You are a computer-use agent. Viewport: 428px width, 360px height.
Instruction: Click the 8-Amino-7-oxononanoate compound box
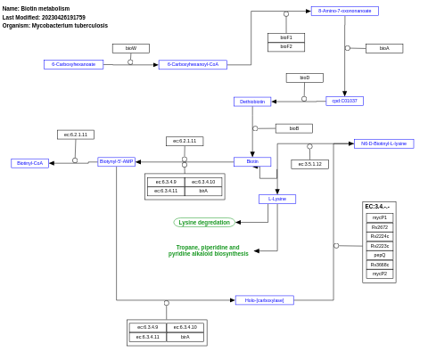[x=344, y=12]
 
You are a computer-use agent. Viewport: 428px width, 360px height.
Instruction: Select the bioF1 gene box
[x=285, y=37]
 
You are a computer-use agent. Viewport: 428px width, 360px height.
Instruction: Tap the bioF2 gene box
[x=285, y=46]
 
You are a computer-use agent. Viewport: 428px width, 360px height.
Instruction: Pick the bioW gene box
[x=131, y=48]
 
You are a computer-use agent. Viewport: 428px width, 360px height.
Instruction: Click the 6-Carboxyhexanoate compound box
[x=73, y=64]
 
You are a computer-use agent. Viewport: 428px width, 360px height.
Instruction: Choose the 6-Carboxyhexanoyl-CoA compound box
[x=193, y=64]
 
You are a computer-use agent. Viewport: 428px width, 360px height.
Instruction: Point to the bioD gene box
[x=304, y=78]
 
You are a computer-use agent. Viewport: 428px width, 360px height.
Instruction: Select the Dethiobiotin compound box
[x=252, y=102]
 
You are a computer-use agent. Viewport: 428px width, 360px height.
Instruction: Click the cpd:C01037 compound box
[x=344, y=101]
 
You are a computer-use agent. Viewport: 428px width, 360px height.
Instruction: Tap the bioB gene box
[x=293, y=128]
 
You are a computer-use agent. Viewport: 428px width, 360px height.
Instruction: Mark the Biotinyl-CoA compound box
[x=29, y=163]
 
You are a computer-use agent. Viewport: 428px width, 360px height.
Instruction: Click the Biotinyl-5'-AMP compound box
[x=116, y=161]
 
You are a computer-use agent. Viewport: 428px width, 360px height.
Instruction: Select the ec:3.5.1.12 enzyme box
[x=309, y=164]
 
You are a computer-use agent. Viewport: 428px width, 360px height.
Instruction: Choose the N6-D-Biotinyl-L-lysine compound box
[x=383, y=143]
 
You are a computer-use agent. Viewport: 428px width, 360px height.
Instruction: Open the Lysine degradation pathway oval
[x=204, y=222]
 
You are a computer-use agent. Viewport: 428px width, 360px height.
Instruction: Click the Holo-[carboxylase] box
[x=264, y=300]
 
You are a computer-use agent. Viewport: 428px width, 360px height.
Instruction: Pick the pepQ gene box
[x=379, y=255]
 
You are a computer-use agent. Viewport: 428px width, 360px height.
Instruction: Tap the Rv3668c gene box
[x=379, y=265]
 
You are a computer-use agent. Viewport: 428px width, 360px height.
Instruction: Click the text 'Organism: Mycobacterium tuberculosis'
[x=55, y=26]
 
